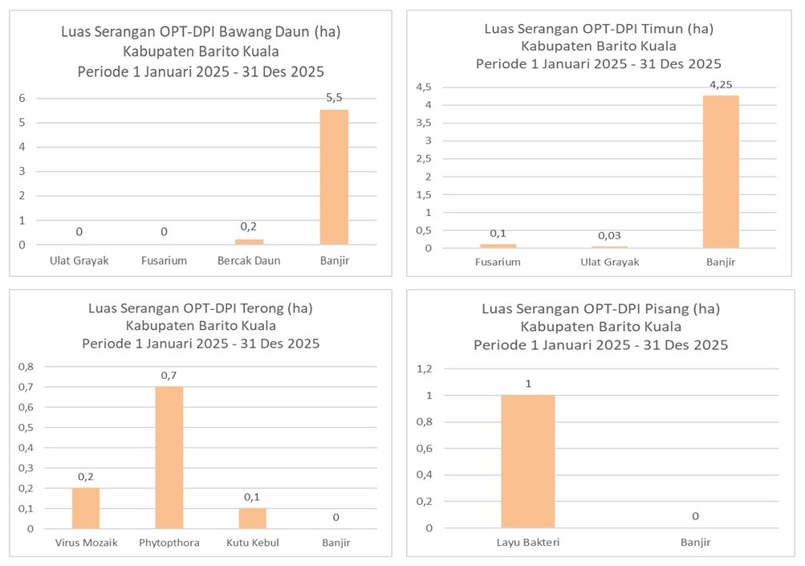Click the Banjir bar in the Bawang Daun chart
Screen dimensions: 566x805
[334, 177]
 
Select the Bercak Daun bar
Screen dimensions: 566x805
[249, 241]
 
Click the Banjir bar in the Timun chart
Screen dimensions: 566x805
[721, 172]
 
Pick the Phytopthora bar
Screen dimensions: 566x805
[169, 458]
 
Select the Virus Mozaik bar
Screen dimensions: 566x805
[86, 508]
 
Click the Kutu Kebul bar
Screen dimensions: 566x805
[253, 518]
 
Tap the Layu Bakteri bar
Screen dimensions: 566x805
[527, 462]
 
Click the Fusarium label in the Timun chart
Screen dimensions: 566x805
[498, 262]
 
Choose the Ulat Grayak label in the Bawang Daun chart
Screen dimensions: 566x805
[79, 260]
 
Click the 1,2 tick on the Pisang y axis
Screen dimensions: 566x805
[424, 369]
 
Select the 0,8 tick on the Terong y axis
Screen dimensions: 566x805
[26, 367]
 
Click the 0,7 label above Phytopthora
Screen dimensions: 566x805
[169, 376]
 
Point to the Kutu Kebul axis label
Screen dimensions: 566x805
[253, 543]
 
